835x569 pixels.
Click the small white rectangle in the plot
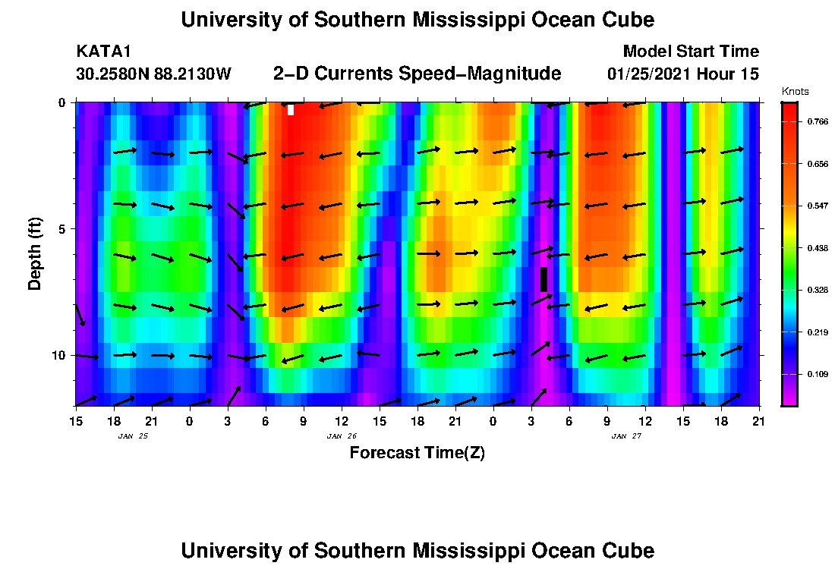[291, 110]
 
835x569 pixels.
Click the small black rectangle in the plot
[544, 279]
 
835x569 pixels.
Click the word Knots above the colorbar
[795, 92]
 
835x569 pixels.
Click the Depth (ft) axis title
[34, 254]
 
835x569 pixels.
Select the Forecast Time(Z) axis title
[417, 453]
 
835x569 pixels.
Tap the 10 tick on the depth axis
[58, 355]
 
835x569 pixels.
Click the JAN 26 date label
[342, 436]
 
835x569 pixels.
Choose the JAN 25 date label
[133, 436]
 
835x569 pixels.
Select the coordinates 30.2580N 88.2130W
[153, 74]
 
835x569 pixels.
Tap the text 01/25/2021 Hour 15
[683, 74]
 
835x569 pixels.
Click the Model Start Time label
[691, 52]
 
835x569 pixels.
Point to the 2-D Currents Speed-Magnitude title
[417, 74]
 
